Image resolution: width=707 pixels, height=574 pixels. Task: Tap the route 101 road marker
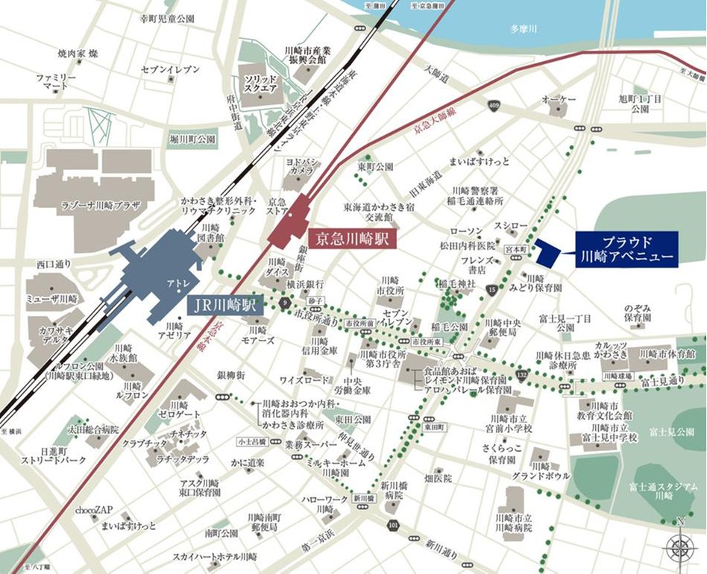pyautogui.click(x=392, y=526)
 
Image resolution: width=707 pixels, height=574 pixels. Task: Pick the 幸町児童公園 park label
pyautogui.click(x=168, y=17)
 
